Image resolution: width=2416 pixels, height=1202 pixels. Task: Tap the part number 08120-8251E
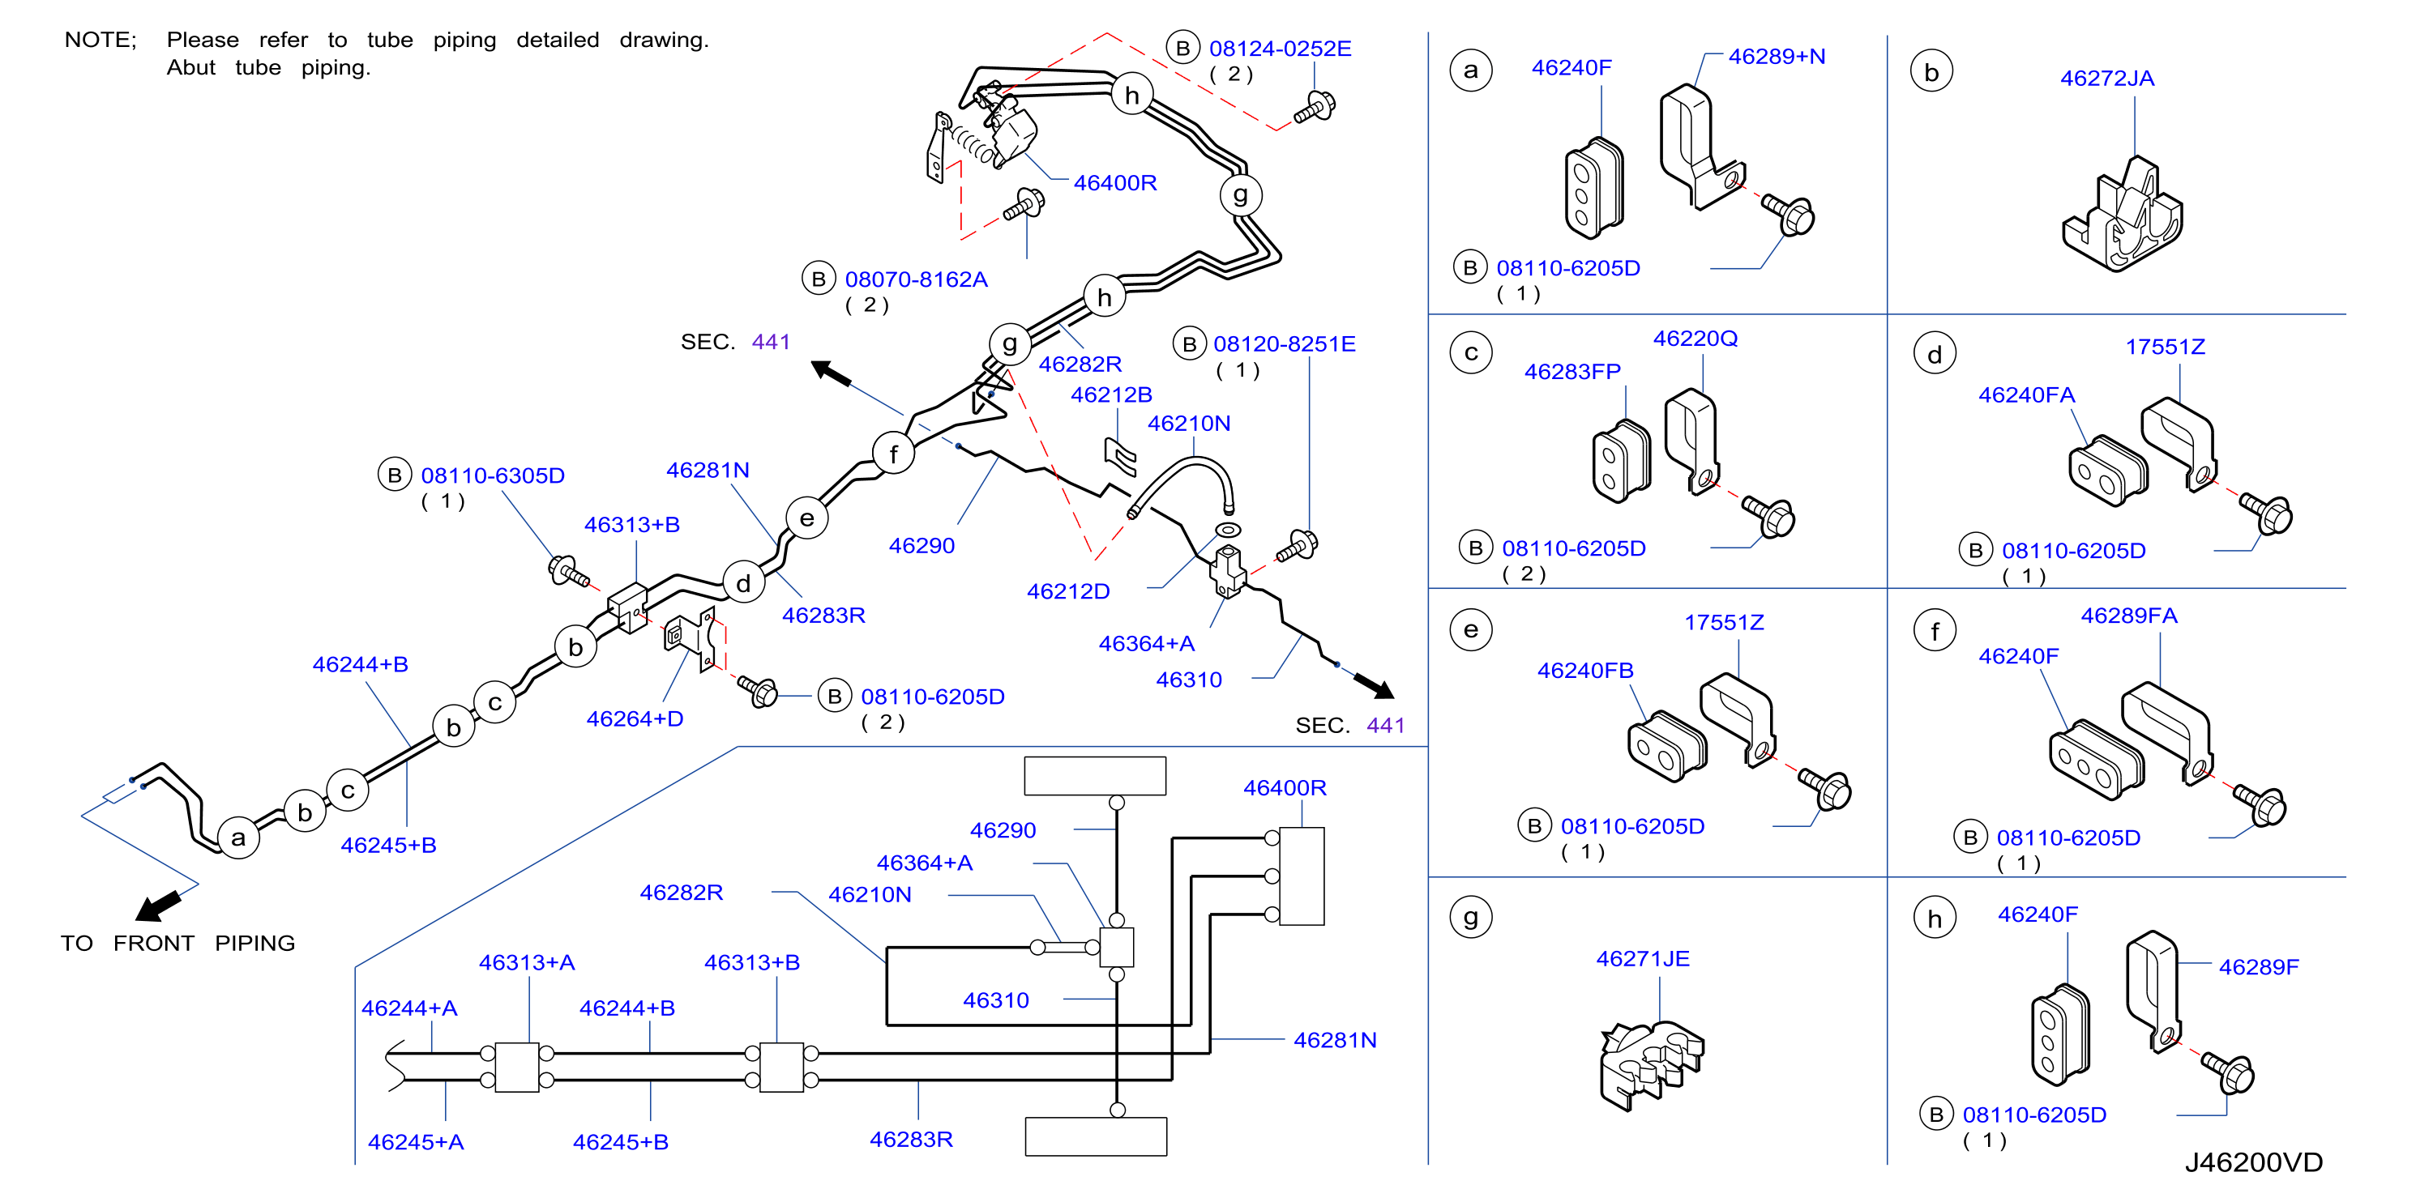pyautogui.click(x=1284, y=344)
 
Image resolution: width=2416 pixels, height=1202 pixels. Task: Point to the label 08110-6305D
pyautogui.click(x=493, y=475)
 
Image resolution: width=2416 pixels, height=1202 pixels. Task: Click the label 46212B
pyautogui.click(x=1111, y=394)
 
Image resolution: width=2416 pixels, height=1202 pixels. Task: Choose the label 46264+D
pyautogui.click(x=635, y=719)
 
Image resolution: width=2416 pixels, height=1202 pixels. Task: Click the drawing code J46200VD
pyautogui.click(x=2253, y=1162)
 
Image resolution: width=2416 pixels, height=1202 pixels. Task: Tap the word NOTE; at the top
pyautogui.click(x=100, y=40)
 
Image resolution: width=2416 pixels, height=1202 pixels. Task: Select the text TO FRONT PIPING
pyautogui.click(x=178, y=944)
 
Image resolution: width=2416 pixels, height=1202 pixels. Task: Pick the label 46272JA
pyautogui.click(x=2106, y=79)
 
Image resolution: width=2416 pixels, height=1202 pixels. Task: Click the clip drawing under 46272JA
pyautogui.click(x=2123, y=215)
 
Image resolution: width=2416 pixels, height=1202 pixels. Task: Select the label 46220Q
pyautogui.click(x=1695, y=339)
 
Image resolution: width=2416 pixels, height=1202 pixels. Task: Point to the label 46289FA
pyautogui.click(x=2129, y=616)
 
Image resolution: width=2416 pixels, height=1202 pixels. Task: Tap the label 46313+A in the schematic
pyautogui.click(x=526, y=963)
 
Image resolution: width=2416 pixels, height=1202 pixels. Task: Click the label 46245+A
pyautogui.click(x=416, y=1142)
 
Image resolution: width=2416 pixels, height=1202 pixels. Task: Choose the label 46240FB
pyautogui.click(x=1585, y=671)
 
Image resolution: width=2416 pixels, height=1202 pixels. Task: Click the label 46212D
pyautogui.click(x=1068, y=591)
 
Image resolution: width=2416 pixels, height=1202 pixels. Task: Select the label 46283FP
pyautogui.click(x=1572, y=373)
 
